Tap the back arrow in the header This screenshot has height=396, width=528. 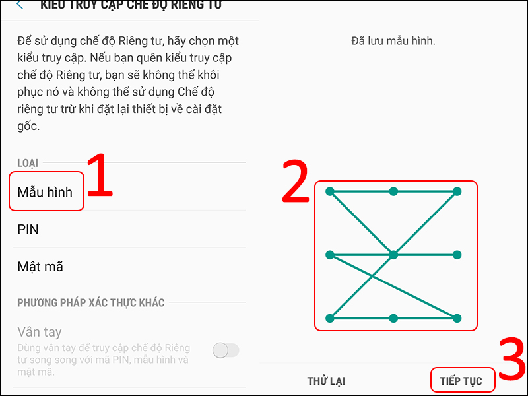pos(20,5)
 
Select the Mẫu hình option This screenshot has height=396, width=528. pos(46,192)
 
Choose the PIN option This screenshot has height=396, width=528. pos(28,229)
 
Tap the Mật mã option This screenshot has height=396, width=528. pos(40,267)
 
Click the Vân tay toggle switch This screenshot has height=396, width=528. pos(226,350)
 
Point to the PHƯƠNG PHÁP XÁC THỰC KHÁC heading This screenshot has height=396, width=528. pos(91,302)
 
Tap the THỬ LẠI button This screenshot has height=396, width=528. pos(326,381)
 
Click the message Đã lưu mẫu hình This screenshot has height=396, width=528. pos(393,41)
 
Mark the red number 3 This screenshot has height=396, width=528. pos(511,360)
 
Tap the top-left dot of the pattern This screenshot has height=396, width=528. pos(330,191)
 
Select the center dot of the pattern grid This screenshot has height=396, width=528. pos(393,255)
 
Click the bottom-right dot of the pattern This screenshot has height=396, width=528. pos(457,318)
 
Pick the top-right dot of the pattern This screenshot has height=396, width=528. pos(457,191)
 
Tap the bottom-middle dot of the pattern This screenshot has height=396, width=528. pos(393,318)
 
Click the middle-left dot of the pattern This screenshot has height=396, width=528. pos(330,255)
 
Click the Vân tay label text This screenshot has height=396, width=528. pos(40,332)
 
